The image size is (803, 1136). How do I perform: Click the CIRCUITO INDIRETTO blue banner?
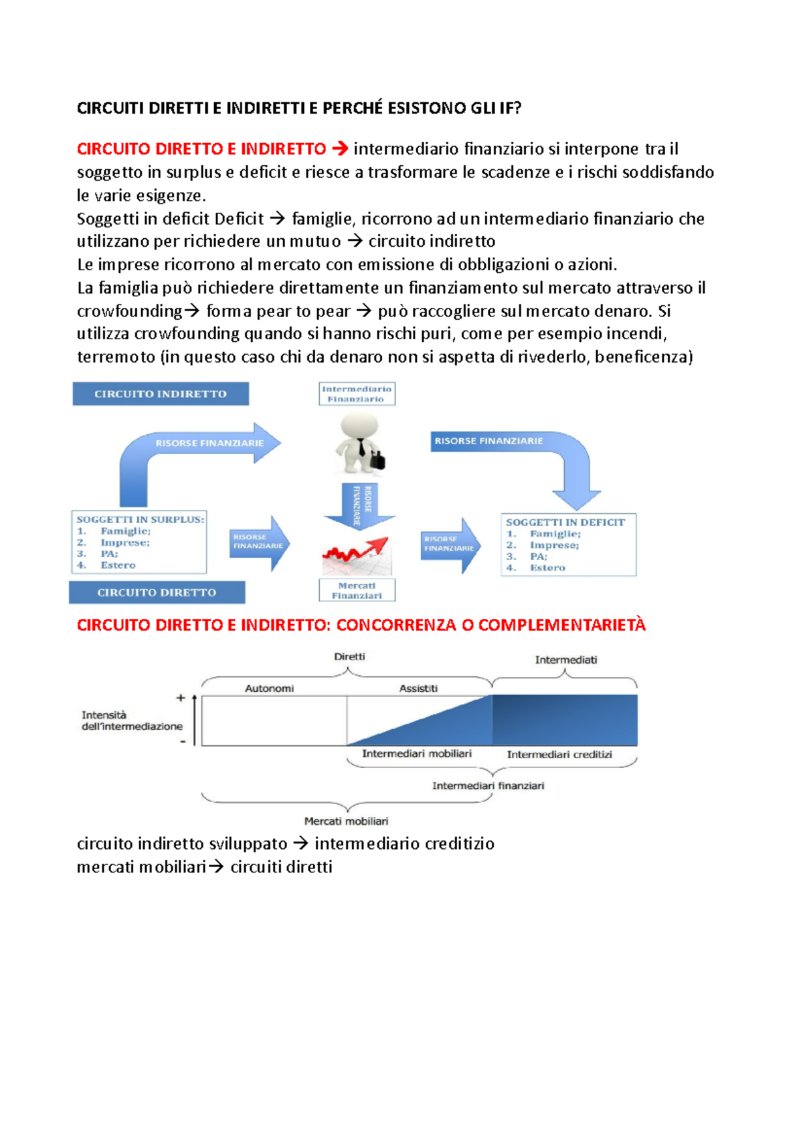(161, 394)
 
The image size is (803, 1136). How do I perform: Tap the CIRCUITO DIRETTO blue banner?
(157, 592)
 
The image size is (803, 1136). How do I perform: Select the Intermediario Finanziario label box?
(357, 394)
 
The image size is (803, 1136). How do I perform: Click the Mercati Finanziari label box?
(357, 590)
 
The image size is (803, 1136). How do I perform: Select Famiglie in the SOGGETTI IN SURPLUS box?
(125, 531)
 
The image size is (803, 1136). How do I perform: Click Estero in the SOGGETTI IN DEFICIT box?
(547, 567)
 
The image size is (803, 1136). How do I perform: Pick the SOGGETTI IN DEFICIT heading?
(565, 523)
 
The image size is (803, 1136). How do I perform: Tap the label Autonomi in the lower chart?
(269, 688)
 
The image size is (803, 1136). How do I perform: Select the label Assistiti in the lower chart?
(418, 688)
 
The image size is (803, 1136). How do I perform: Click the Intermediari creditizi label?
(559, 755)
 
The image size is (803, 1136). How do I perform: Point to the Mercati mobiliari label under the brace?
(346, 821)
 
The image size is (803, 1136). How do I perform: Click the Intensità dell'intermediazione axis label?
(131, 721)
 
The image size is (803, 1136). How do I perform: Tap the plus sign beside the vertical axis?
(181, 698)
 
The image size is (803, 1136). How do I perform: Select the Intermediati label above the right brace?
(565, 660)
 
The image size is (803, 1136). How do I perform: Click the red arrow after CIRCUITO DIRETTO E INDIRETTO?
(340, 149)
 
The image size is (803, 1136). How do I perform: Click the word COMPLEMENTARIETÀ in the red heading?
(561, 626)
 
